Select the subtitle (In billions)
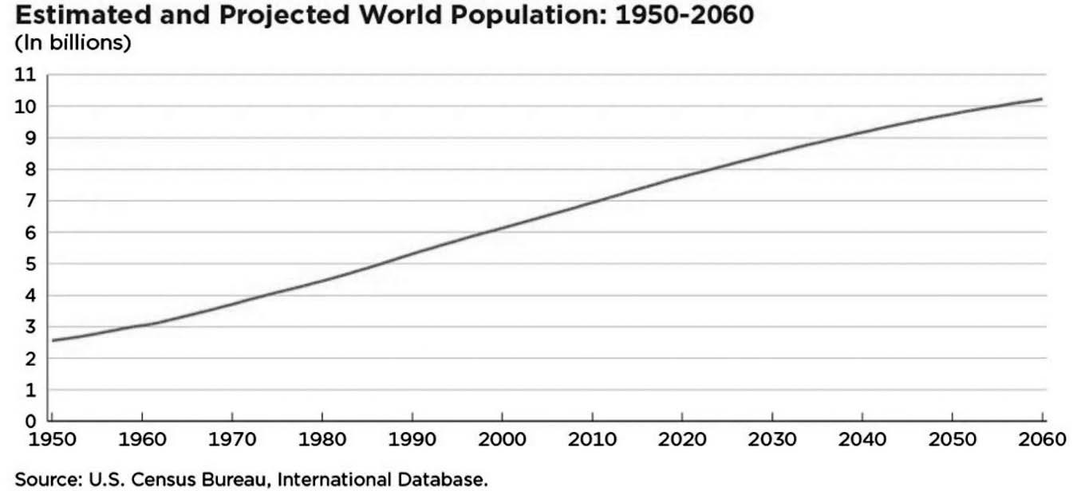tap(73, 43)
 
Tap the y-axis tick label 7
tap(31, 201)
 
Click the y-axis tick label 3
tap(31, 327)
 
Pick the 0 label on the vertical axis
tap(31, 421)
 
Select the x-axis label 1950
tap(51, 440)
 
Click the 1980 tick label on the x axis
tap(322, 440)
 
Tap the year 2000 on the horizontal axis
tap(502, 440)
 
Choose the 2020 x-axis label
tap(682, 440)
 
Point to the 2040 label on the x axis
tap(862, 440)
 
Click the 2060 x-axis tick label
tap(1042, 440)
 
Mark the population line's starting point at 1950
tap(53, 340)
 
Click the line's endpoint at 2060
tap(1041, 99)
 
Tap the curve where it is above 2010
tap(592, 202)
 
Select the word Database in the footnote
tap(443, 480)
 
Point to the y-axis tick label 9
tap(31, 138)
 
